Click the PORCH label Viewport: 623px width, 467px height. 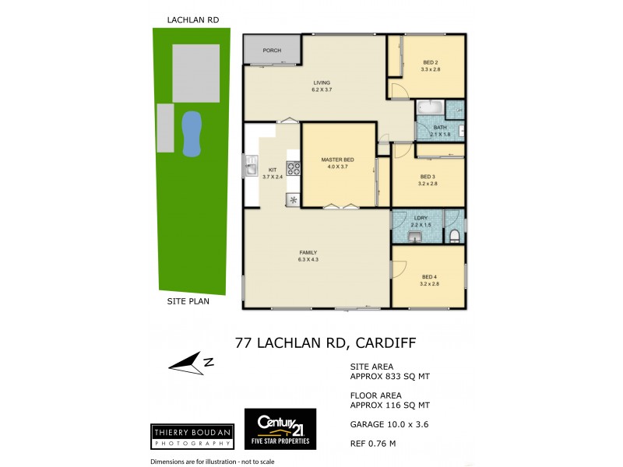272,51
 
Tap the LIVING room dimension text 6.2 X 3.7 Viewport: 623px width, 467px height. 322,90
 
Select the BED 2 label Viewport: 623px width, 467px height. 431,62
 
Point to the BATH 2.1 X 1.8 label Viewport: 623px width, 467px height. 440,131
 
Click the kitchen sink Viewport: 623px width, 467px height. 251,165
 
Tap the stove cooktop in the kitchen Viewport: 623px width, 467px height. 294,167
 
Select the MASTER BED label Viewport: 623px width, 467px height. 337,160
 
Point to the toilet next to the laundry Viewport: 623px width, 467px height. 455,234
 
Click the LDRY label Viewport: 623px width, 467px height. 421,218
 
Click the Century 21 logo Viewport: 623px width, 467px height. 280,429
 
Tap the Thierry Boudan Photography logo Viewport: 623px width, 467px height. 192,436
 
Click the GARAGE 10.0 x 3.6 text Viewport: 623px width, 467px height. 389,424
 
